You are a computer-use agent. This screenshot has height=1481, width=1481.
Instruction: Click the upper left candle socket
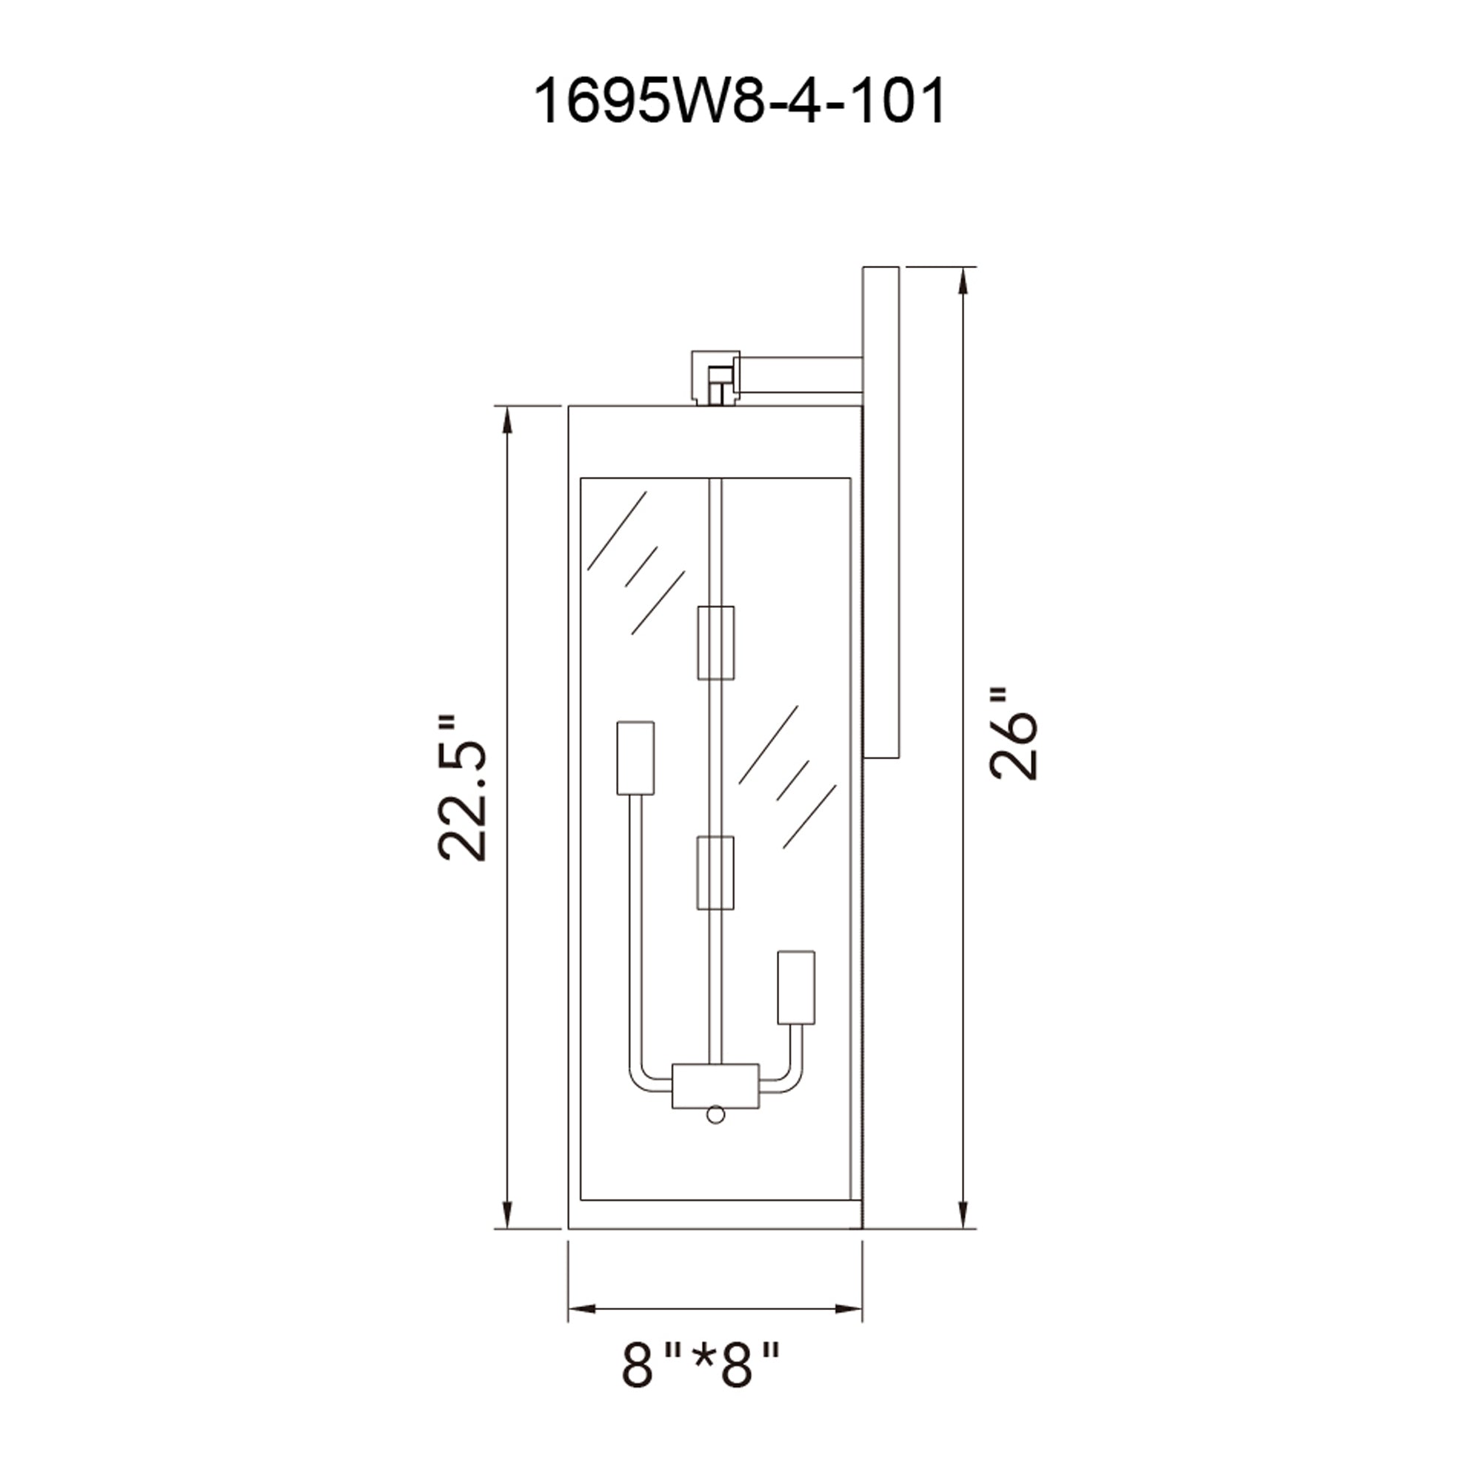tap(635, 758)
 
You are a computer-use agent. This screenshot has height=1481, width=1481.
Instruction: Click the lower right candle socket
tap(796, 987)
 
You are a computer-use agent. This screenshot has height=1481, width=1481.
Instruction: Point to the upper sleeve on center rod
tap(715, 642)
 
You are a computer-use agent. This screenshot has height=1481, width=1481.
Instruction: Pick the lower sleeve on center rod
tap(715, 872)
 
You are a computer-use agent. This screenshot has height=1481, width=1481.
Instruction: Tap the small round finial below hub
tap(715, 1136)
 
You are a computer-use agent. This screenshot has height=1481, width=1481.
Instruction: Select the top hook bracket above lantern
tap(715, 377)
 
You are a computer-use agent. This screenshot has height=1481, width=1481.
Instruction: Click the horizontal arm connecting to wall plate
tap(801, 375)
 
